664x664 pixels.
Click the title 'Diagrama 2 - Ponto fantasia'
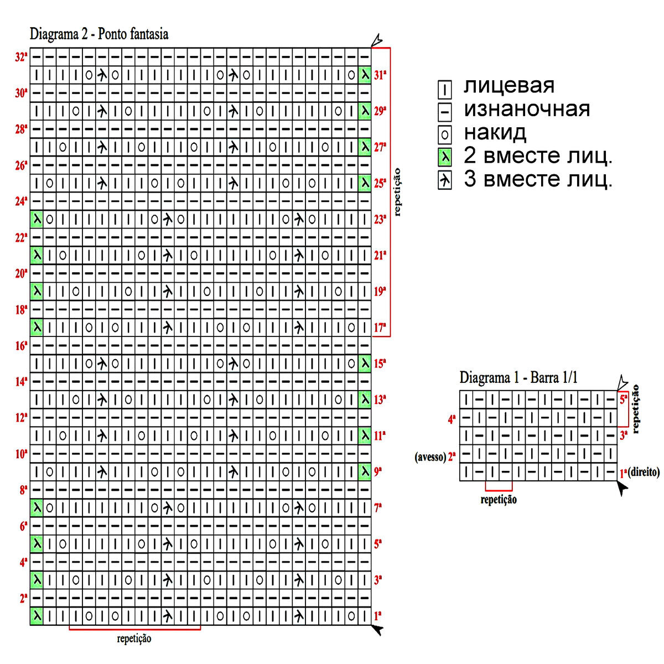[99, 34]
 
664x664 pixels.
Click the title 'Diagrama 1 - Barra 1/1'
[518, 378]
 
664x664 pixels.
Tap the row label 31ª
[380, 75]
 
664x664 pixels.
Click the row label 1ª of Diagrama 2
[378, 616]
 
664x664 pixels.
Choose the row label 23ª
[380, 219]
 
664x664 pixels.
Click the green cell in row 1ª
[37, 616]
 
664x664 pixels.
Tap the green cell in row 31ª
[365, 75]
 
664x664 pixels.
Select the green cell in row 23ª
[37, 219]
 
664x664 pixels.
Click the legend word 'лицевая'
[509, 86]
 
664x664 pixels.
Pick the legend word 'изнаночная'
[527, 109]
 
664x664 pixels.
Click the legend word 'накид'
[495, 133]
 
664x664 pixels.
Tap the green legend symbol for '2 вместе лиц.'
[444, 158]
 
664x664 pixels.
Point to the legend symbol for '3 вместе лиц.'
[444, 181]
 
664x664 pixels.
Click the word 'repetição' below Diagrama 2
[134, 639]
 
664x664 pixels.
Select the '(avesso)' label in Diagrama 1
[430, 457]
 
